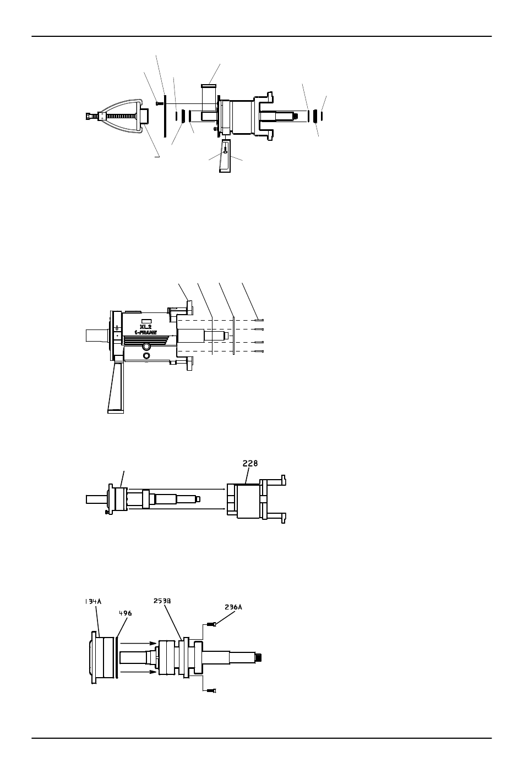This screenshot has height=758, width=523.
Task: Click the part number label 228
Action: pyautogui.click(x=250, y=463)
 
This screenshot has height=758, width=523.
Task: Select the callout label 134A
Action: pyautogui.click(x=93, y=601)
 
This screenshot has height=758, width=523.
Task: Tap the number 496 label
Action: pyautogui.click(x=126, y=613)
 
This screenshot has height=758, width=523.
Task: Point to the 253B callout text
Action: pyautogui.click(x=162, y=601)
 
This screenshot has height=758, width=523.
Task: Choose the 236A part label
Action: pyautogui.click(x=233, y=607)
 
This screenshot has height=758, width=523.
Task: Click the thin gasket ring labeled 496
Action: pyautogui.click(x=117, y=657)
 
